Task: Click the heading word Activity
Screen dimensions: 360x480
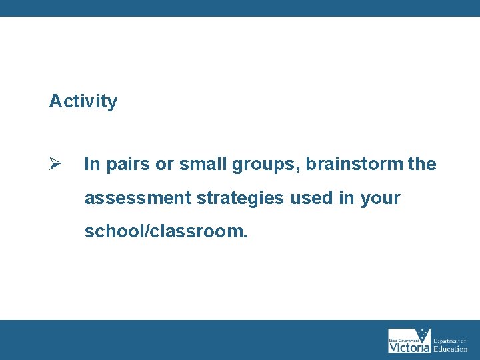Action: click(x=83, y=101)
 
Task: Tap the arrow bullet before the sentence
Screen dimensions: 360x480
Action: click(x=55, y=164)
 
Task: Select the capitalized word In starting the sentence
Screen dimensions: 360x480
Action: click(x=91, y=164)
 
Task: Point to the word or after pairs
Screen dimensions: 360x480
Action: click(x=164, y=165)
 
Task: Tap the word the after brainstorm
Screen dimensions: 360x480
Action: click(x=422, y=164)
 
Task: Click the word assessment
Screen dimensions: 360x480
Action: click(x=138, y=198)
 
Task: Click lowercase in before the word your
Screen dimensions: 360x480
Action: click(x=347, y=198)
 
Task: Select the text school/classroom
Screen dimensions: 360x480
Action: click(x=165, y=232)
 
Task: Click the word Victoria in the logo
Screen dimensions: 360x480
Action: click(x=409, y=347)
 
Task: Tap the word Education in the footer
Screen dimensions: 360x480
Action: click(x=451, y=349)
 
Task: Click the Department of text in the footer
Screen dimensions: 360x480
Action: click(x=451, y=341)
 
